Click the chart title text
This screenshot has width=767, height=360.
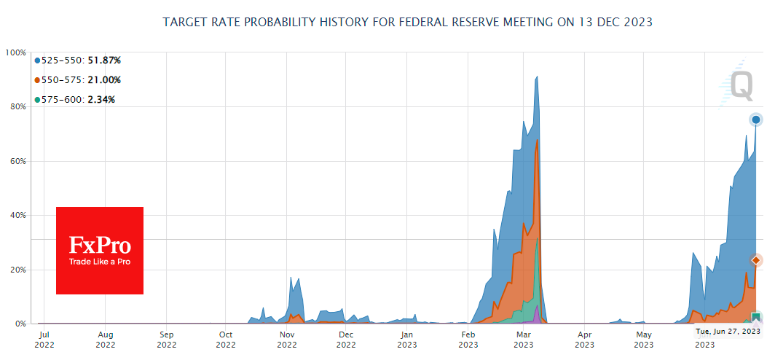coord(407,22)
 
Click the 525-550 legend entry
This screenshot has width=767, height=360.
coord(77,60)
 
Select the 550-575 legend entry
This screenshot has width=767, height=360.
coord(77,80)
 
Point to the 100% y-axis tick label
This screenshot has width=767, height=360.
coord(15,52)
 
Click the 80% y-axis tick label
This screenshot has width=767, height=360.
coord(17,106)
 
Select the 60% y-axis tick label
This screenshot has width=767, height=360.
coord(17,161)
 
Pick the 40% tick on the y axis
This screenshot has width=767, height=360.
coord(17,215)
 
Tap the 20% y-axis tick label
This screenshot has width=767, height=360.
coord(17,270)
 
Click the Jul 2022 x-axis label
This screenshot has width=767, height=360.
coord(44,340)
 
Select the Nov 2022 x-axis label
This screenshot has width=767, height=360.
coord(287,340)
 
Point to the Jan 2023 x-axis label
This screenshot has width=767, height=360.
coord(408,340)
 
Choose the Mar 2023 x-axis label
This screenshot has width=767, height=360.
coord(524,340)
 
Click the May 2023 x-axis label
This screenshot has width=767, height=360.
coord(644,340)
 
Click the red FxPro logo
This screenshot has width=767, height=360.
coord(100,251)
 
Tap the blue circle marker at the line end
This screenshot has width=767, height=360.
coord(756,120)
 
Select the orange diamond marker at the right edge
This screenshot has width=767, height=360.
coord(756,260)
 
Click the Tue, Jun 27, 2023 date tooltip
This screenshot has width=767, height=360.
coord(728,331)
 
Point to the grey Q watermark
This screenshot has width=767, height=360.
coord(742,85)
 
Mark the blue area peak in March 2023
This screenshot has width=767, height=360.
coord(537,77)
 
